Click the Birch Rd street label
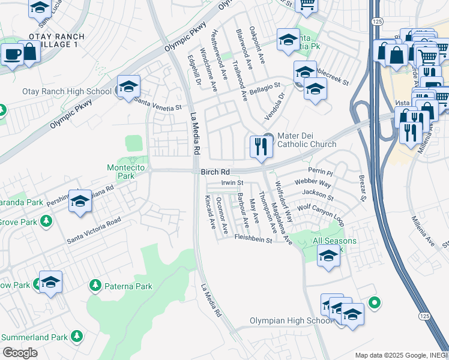(215, 171)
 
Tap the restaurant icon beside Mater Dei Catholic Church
(260, 146)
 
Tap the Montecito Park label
(125, 172)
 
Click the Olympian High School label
(291, 321)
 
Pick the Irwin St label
(232, 182)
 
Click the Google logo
(20, 352)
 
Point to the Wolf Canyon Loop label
(321, 216)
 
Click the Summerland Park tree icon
(76, 337)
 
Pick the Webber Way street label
(312, 183)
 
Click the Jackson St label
(318, 194)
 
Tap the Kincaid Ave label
(209, 212)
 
